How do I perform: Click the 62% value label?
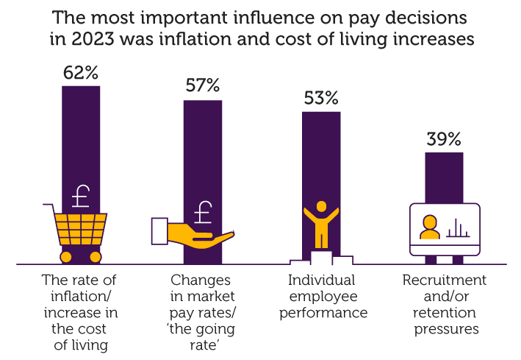[81, 73]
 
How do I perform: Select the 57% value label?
[202, 85]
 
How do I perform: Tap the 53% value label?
[321, 97]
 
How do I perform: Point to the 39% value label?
[444, 138]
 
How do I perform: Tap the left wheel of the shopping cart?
[65, 257]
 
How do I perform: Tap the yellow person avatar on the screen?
[428, 228]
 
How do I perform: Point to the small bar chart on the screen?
[457, 228]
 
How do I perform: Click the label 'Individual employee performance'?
[321, 296]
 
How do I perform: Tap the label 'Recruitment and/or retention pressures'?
[444, 304]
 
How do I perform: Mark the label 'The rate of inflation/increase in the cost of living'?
[79, 312]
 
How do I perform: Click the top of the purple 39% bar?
[444, 155]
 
